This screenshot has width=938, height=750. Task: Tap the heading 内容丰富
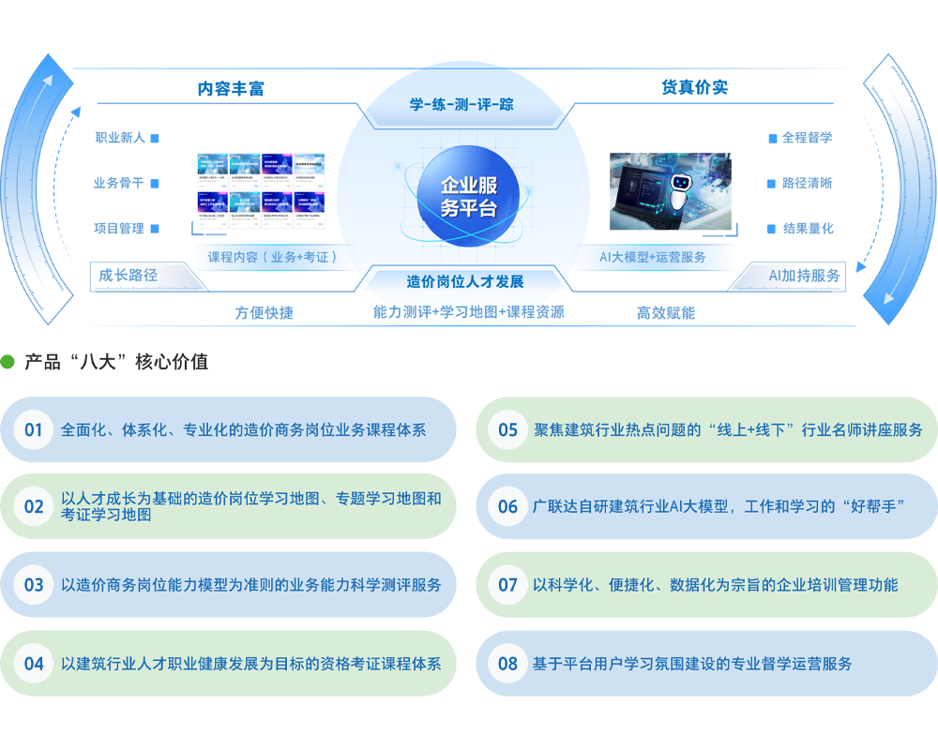pyautogui.click(x=231, y=88)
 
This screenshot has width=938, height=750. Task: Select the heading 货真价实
pyautogui.click(x=695, y=87)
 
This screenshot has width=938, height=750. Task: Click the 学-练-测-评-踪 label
pyautogui.click(x=461, y=104)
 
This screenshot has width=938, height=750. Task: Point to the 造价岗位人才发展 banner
pyautogui.click(x=465, y=281)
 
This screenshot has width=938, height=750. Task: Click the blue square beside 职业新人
pyautogui.click(x=155, y=138)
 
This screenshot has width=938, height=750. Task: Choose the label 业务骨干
pyautogui.click(x=119, y=183)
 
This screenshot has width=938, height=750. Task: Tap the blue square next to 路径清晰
pyautogui.click(x=772, y=183)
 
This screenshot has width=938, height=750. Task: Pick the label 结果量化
pyautogui.click(x=808, y=228)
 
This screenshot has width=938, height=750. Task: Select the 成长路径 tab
pyautogui.click(x=129, y=276)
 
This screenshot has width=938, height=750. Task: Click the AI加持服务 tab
pyautogui.click(x=804, y=276)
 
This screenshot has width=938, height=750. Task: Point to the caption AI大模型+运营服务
pyautogui.click(x=653, y=256)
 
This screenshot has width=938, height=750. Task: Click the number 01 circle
pyautogui.click(x=34, y=430)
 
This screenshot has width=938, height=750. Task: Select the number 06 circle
pyautogui.click(x=507, y=507)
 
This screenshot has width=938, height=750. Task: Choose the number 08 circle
pyautogui.click(x=507, y=664)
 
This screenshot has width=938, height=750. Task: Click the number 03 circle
pyautogui.click(x=34, y=585)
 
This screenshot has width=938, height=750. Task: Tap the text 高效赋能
pyautogui.click(x=666, y=313)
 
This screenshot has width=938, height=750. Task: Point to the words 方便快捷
pyautogui.click(x=265, y=313)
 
